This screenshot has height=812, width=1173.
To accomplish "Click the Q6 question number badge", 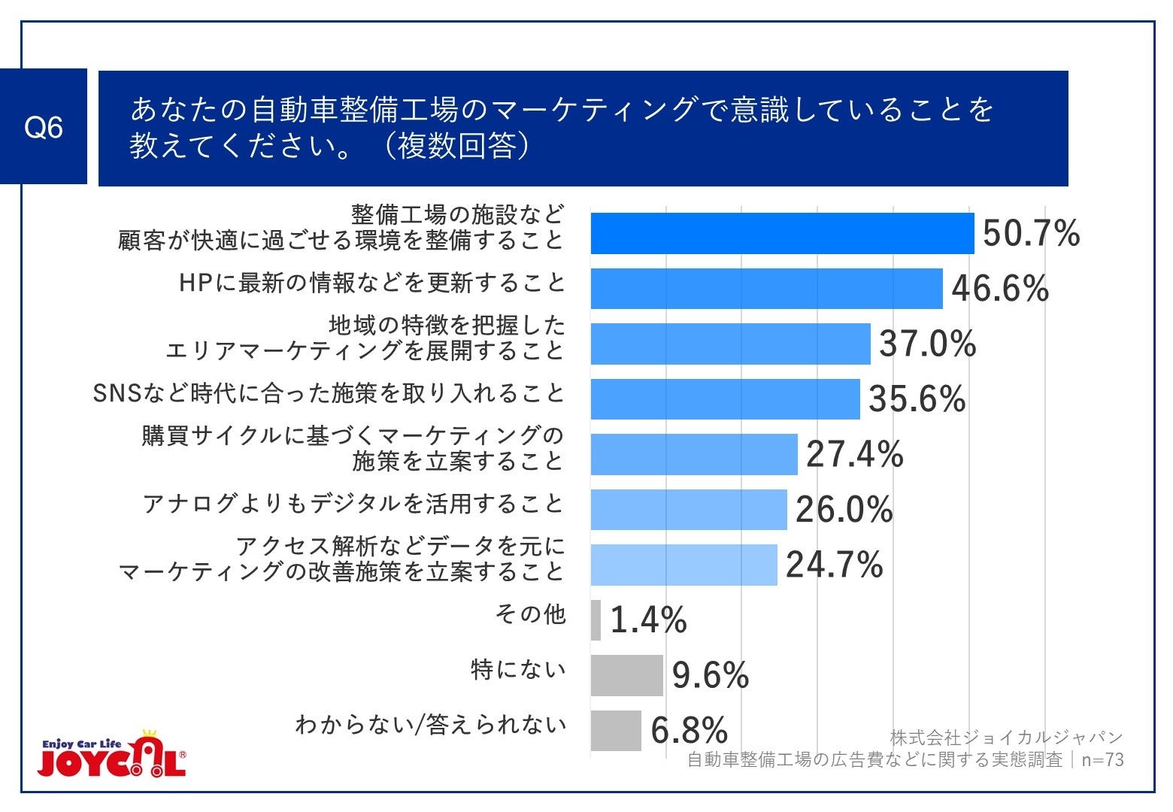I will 44,127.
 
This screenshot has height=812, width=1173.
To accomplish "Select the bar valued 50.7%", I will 782,234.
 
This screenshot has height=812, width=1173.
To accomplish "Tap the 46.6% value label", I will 1000,289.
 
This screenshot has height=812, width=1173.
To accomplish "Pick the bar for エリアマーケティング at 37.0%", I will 730,344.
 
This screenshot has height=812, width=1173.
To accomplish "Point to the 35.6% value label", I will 917,399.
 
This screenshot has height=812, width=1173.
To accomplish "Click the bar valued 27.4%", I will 693,454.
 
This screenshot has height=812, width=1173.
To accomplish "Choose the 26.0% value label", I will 844,510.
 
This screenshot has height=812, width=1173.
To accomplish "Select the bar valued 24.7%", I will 683,565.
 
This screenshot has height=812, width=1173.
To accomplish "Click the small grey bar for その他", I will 596,620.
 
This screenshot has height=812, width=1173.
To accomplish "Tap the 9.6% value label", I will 710,675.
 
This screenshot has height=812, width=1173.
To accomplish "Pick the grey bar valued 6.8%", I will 616,730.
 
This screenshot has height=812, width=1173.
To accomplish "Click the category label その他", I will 530,614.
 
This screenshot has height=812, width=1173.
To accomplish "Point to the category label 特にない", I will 517,669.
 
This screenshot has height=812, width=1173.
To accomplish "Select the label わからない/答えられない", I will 430,725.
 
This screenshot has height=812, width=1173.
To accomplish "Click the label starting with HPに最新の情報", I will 371,283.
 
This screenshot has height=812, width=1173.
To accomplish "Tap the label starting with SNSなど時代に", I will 329,393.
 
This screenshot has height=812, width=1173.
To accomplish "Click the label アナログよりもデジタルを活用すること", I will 353,504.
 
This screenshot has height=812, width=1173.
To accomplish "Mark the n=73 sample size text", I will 1102,760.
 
